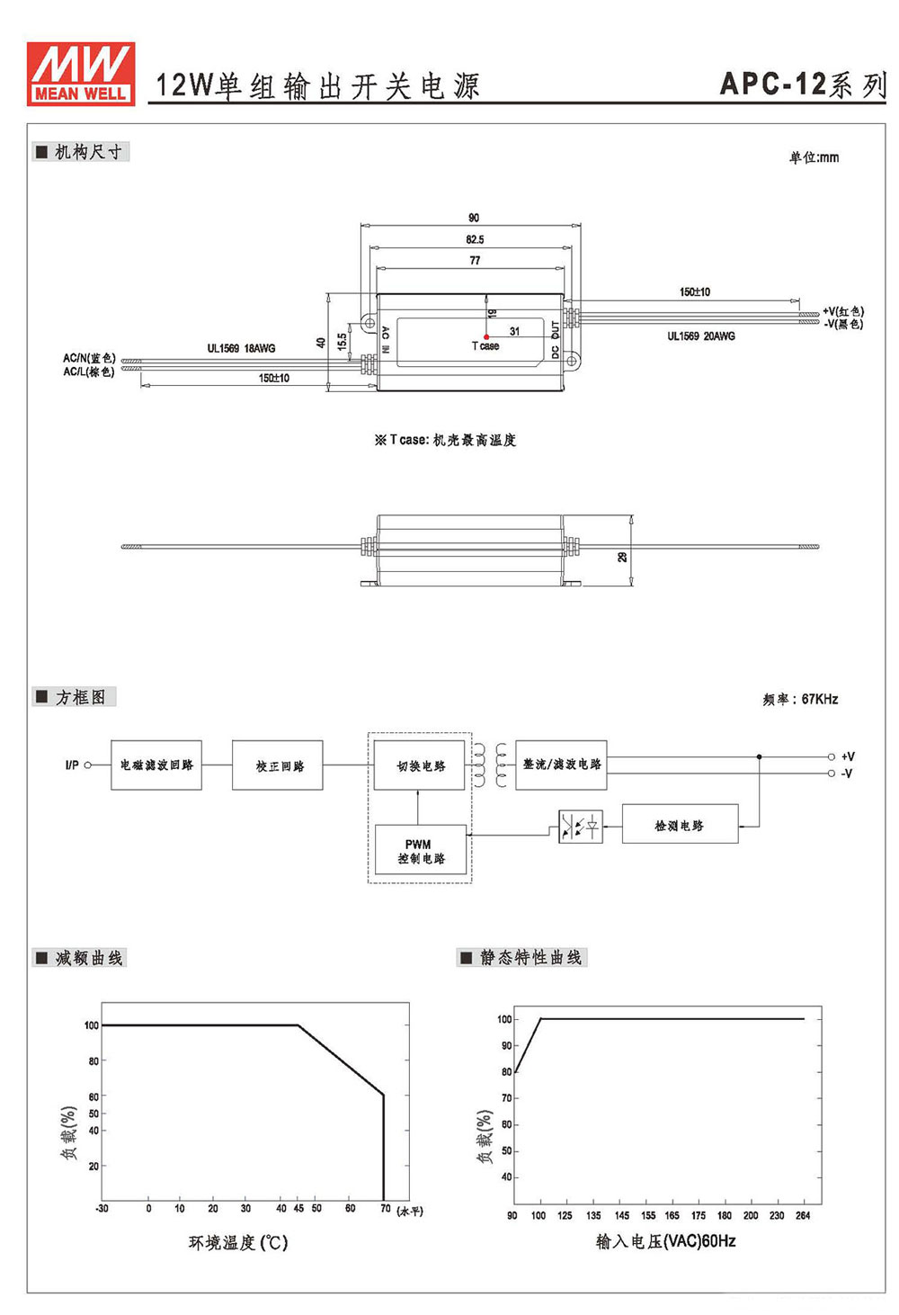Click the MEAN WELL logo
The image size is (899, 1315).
click(81, 74)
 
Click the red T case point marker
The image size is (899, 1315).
click(486, 337)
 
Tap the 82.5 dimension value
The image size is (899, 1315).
click(475, 239)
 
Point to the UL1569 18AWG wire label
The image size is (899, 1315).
click(241, 348)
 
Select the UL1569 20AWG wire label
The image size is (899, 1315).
click(700, 335)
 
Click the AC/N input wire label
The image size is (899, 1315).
click(89, 357)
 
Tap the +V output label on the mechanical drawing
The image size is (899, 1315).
click(842, 311)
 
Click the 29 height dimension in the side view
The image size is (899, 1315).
click(623, 556)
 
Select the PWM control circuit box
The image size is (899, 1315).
click(420, 849)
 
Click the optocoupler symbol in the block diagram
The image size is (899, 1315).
click(581, 827)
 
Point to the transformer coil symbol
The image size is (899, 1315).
click(490, 765)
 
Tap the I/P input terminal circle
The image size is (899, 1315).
click(88, 765)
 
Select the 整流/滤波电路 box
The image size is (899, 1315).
click(561, 765)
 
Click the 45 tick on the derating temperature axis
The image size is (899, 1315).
click(298, 1208)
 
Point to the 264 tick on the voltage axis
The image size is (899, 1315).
click(803, 1215)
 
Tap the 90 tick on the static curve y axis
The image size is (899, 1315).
click(506, 1045)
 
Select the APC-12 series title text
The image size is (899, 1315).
click(803, 84)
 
